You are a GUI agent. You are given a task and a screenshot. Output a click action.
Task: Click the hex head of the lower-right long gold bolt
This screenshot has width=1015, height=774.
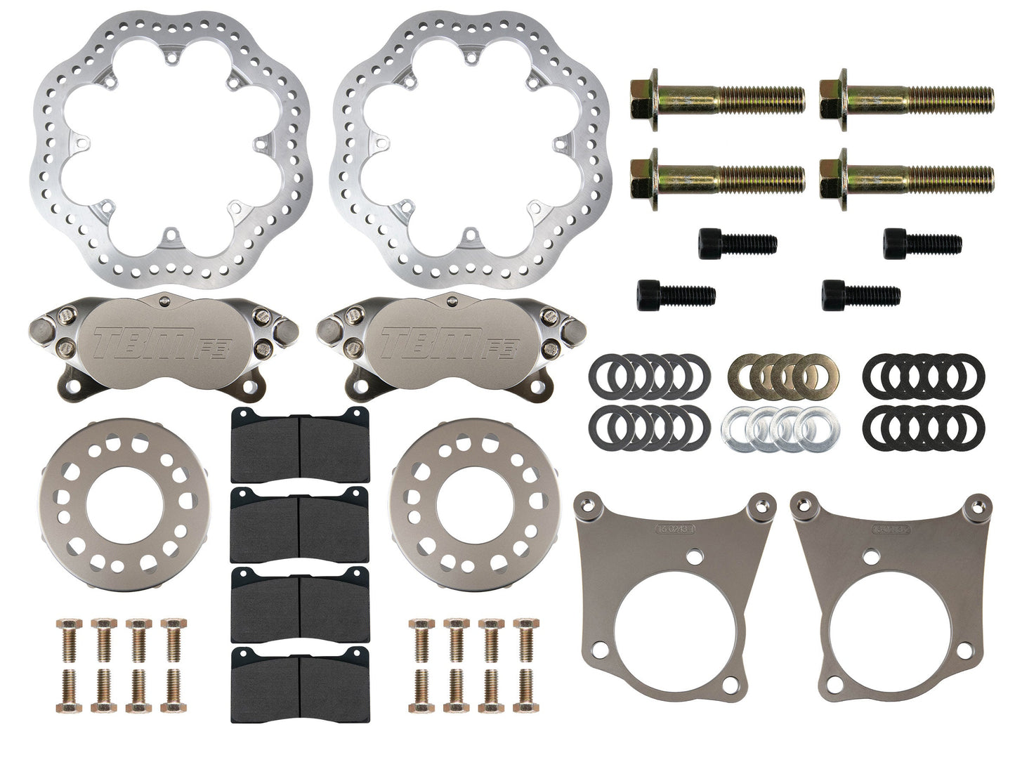(x=834, y=173)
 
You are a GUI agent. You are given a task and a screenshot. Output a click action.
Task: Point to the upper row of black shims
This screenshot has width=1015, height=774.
(x=923, y=372)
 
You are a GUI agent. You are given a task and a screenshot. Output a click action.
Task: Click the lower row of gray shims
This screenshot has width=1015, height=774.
(x=650, y=424)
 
